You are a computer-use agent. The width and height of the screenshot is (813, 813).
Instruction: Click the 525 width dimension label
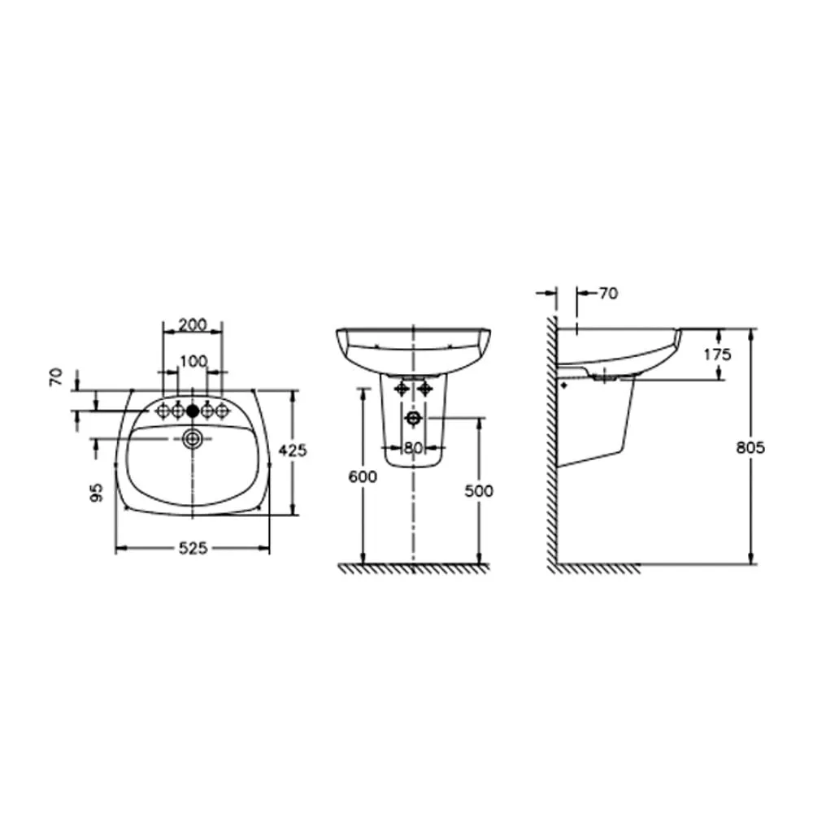coord(193,548)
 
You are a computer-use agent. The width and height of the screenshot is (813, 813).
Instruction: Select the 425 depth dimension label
coord(293,450)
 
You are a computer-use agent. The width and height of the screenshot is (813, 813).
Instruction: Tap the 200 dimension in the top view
coord(193,324)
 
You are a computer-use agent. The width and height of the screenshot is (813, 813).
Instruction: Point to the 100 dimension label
coord(194,361)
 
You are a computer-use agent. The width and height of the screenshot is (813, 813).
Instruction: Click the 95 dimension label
coord(97,492)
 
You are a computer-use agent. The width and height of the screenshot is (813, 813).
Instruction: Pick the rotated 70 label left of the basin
coord(56,376)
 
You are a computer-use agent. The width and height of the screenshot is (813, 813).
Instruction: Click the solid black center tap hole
coord(193,411)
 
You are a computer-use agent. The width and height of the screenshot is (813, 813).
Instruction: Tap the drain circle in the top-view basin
coord(193,440)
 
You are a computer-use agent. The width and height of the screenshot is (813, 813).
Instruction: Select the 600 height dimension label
coord(363,476)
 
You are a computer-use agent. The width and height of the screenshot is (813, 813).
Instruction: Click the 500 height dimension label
coord(479,490)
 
